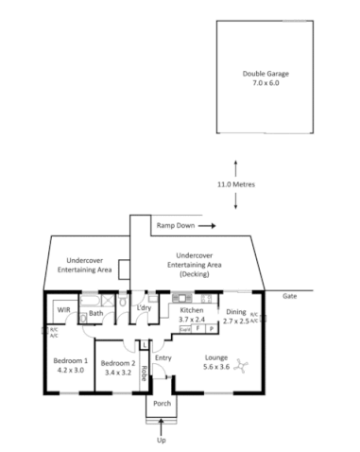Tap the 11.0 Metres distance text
tap(235, 183)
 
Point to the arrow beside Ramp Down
tap(207, 227)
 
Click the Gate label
tap(289, 296)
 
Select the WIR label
tap(63, 310)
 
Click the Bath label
tap(95, 313)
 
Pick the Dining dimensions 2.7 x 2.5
tap(237, 322)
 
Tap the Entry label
tap(163, 357)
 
